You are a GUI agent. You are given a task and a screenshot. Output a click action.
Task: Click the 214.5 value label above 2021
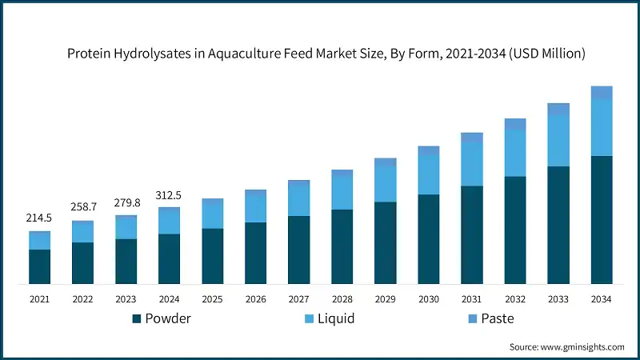[x=40, y=218]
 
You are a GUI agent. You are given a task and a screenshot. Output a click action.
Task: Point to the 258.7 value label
[x=83, y=206]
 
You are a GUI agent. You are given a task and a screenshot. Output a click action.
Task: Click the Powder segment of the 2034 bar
[x=602, y=219]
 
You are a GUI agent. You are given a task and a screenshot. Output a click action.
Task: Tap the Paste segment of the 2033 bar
[x=558, y=109]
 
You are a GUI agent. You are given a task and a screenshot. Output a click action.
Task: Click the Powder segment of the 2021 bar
[x=40, y=266]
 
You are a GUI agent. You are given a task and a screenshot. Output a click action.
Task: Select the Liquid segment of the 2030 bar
[x=429, y=174]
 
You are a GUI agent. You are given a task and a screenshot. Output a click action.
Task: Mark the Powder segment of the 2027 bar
[x=299, y=250]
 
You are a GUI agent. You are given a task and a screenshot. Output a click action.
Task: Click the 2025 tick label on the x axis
[x=213, y=299]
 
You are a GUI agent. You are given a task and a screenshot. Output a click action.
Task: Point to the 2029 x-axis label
[x=386, y=299]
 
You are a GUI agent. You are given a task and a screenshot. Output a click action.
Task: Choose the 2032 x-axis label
[x=515, y=299]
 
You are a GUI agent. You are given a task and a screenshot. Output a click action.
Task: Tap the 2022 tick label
[x=83, y=299]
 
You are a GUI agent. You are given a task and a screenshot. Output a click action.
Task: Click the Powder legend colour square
[x=137, y=319]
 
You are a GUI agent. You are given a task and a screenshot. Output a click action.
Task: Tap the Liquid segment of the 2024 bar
[x=170, y=221]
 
